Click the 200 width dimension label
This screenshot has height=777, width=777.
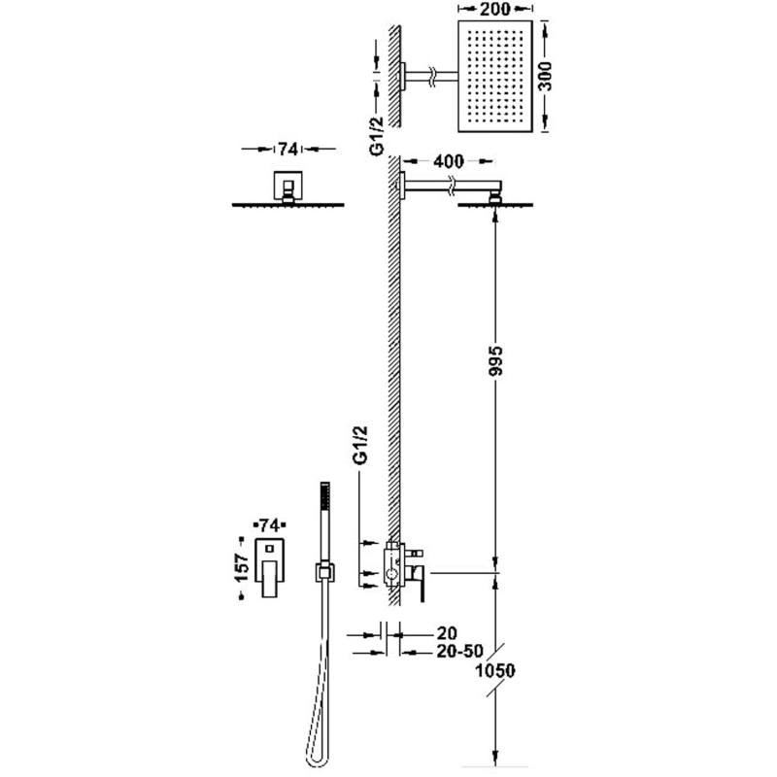495,9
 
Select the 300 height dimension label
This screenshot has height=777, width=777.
545,77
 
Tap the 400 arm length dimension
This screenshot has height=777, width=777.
449,161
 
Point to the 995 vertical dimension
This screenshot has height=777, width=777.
494,360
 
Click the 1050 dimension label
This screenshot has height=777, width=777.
495,671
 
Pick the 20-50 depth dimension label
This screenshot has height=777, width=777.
459,652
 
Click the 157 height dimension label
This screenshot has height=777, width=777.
241,567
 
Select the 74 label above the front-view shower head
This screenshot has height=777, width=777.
287,149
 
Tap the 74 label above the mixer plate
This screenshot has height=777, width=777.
270,525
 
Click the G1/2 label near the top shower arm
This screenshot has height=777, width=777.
378,136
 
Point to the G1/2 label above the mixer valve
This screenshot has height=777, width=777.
360,445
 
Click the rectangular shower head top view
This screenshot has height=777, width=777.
495,77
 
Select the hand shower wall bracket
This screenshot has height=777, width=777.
324,573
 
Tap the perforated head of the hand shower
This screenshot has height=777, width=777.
325,495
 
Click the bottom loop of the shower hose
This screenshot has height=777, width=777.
311,760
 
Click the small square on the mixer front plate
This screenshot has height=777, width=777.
270,549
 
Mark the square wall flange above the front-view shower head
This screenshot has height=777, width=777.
287,185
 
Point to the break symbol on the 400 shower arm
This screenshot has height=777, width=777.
450,185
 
